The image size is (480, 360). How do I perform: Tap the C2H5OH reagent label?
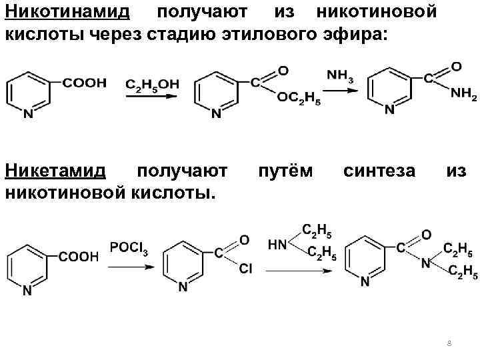(151, 84)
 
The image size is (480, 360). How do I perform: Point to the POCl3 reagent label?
(129, 247)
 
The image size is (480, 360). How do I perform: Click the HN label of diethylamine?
(277, 245)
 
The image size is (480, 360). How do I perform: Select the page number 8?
(449, 343)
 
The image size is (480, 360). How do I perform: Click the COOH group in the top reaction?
(84, 83)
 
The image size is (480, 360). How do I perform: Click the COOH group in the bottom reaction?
(79, 255)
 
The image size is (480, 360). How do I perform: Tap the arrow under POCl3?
(129, 266)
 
